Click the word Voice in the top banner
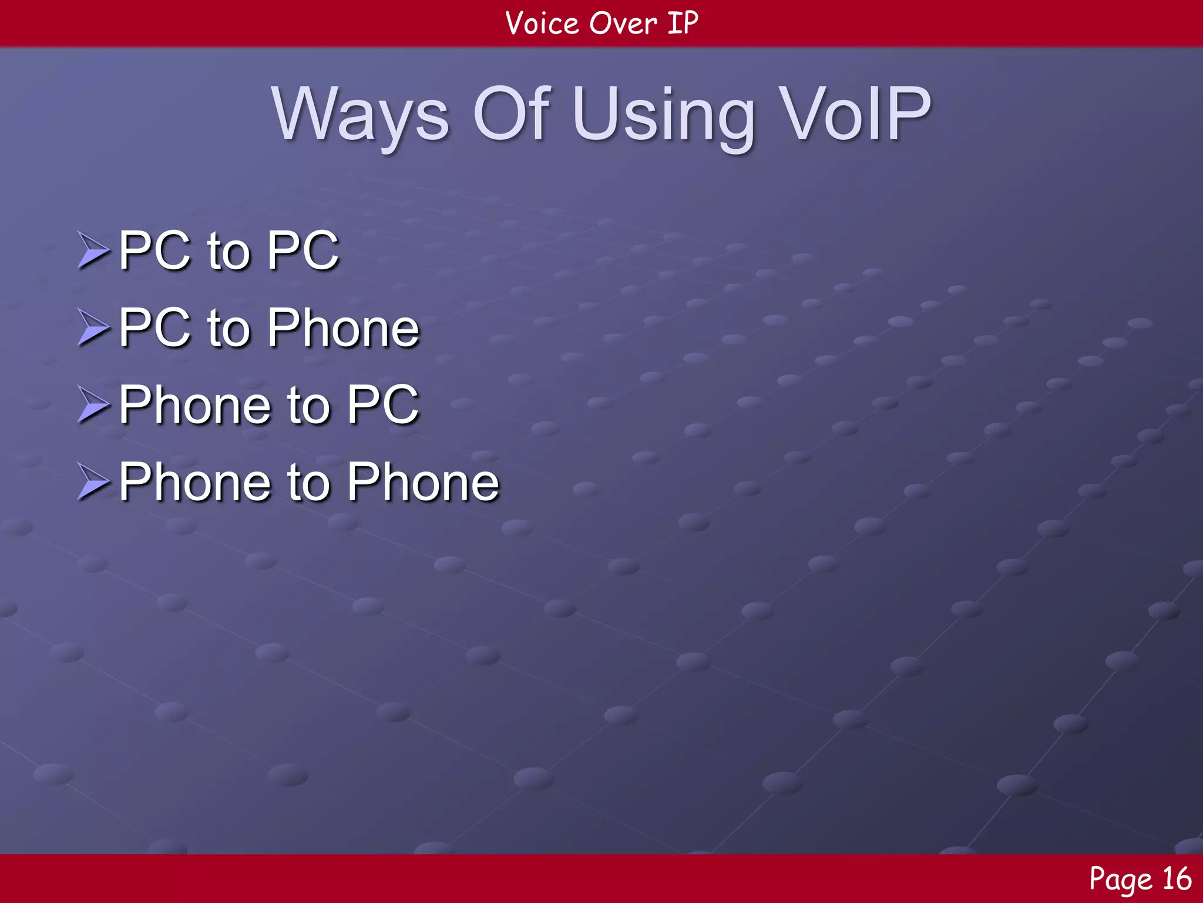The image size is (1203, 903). (542, 24)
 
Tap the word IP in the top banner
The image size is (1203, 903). (683, 24)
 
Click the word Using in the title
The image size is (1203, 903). (664, 116)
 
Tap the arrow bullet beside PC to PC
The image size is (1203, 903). (93, 250)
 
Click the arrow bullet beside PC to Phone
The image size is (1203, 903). (93, 327)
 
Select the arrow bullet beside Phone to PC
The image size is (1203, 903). (93, 405)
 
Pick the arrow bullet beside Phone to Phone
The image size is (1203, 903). (93, 482)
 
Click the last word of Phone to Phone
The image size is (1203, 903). (423, 482)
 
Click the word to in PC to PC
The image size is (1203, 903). (229, 252)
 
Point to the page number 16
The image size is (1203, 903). (1177, 879)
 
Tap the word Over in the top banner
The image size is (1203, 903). (623, 24)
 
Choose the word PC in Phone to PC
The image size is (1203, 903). (383, 405)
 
